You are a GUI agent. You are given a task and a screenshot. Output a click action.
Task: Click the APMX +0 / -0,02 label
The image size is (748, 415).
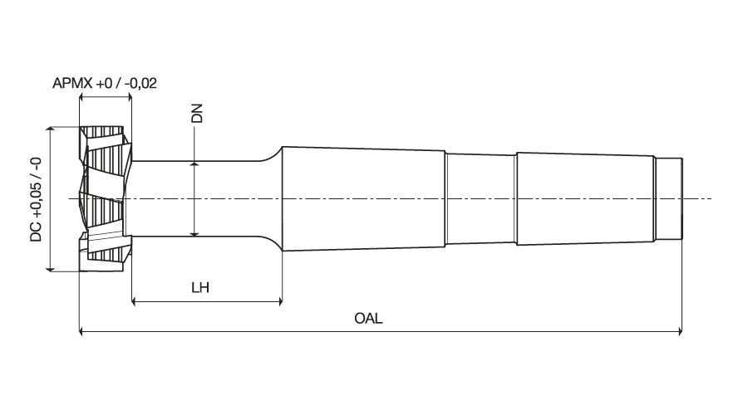105,83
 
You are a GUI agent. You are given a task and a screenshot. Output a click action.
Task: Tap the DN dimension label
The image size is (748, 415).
197,114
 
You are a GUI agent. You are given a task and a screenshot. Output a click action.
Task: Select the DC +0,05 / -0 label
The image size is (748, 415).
36,199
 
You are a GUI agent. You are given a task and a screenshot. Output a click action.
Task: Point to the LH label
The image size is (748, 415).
199,288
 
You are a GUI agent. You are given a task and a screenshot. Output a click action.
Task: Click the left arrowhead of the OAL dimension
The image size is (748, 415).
82,332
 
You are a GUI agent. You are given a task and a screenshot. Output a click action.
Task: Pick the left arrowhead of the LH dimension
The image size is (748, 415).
135,300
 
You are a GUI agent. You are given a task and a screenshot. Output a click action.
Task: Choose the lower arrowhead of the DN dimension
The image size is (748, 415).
194,232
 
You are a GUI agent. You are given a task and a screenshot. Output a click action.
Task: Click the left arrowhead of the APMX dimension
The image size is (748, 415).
82,97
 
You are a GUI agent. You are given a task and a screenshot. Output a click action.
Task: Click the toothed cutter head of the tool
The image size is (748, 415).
106,199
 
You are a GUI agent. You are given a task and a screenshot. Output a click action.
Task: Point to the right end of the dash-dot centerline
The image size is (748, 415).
711,199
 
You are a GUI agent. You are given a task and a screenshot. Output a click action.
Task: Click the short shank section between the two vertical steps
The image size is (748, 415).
480,199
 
